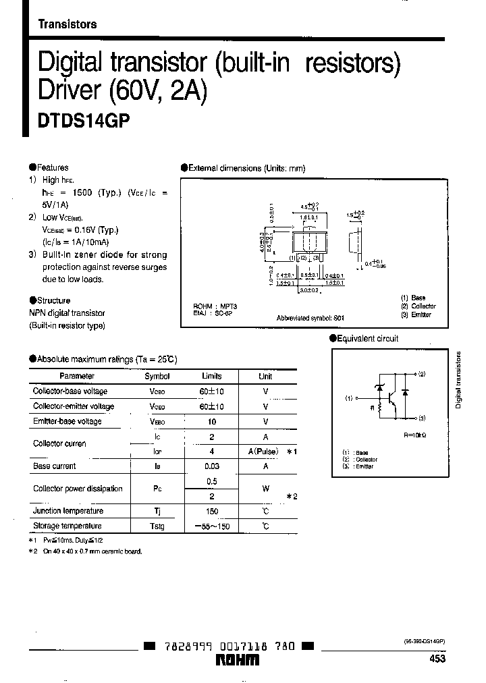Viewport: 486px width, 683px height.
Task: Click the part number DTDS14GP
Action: point(83,119)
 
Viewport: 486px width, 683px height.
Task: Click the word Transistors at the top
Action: point(67,24)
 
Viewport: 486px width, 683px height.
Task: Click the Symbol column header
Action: point(157,376)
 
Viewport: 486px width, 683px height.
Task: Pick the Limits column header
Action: point(211,376)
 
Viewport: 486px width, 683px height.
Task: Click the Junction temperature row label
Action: point(68,511)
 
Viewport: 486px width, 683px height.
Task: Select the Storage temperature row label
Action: point(67,526)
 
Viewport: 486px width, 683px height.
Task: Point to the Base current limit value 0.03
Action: point(211,466)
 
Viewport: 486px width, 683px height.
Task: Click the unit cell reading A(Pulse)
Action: point(265,451)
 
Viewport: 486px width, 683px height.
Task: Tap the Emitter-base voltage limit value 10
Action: point(211,421)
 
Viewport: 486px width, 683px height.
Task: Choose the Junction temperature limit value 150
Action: point(211,511)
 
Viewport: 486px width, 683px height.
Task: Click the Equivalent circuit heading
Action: point(367,338)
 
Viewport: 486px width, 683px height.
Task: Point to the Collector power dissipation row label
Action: point(78,488)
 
